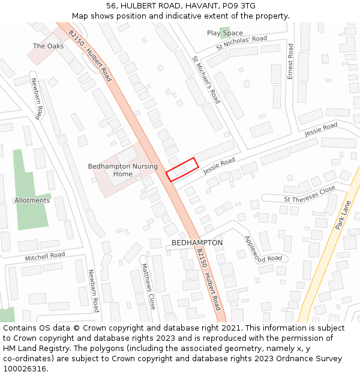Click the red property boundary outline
point(182,169)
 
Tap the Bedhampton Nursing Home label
point(123,170)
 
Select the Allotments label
point(32,200)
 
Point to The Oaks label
point(48,46)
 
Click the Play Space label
point(225,34)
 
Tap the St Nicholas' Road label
point(242,43)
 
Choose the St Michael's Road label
point(206,80)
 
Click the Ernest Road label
point(290,61)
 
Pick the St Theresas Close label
point(310,195)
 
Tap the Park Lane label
point(343,215)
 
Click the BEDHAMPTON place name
point(197,243)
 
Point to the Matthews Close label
point(148,286)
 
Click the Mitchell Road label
point(45,256)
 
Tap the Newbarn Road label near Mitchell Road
point(93,290)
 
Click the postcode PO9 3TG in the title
point(239,5)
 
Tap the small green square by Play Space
point(224,32)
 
